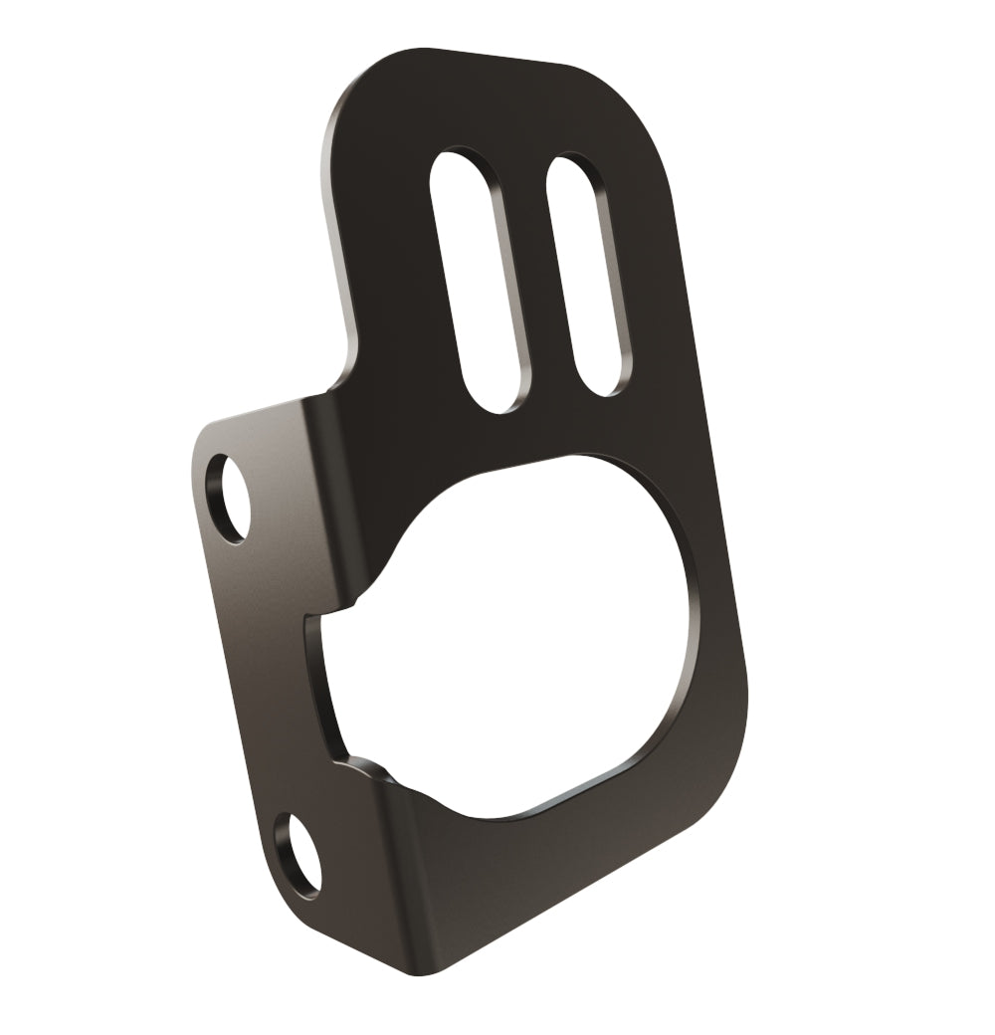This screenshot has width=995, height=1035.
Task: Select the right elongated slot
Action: (590, 274)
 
